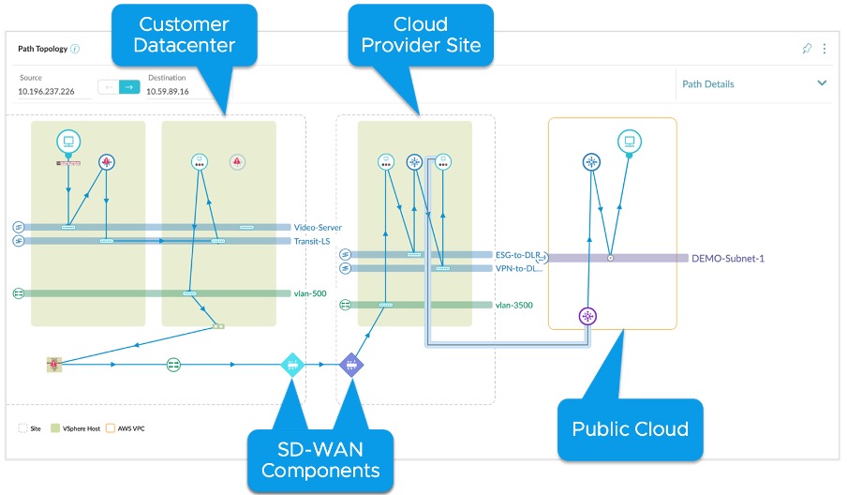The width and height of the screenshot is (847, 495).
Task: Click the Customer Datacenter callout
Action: point(186,35)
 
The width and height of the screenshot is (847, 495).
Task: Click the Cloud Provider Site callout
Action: point(421,35)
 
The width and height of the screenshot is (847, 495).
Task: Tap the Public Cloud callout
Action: point(630,428)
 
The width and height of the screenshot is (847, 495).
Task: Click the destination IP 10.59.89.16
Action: point(168,92)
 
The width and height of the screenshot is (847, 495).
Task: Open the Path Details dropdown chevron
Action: point(822,83)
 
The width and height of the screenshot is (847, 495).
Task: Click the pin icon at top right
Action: point(807,49)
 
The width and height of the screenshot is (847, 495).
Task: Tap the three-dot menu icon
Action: point(825,49)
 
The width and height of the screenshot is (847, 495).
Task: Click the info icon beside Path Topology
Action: point(75,49)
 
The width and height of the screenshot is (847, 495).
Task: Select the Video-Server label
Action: point(318,227)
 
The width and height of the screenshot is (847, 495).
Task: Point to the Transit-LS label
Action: point(313,241)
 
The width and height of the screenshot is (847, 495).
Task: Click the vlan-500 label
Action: point(310,293)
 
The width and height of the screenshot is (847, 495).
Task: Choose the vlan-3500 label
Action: point(515,305)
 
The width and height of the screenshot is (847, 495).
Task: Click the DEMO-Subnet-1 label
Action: point(728,258)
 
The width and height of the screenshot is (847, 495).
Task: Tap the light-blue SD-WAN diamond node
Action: point(293,364)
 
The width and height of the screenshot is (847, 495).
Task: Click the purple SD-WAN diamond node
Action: point(350,364)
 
